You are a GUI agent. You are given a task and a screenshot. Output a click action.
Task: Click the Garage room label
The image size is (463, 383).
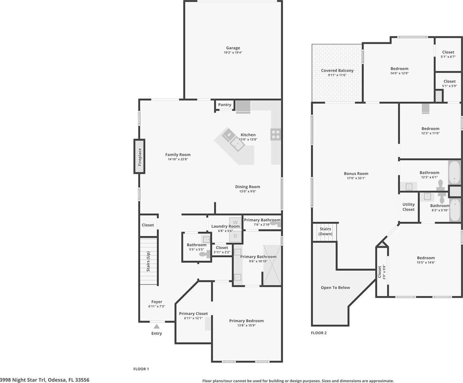(233, 48)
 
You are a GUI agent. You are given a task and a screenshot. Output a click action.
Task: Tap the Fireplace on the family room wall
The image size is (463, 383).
(139, 156)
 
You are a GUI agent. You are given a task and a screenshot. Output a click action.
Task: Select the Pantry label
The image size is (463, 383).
(224, 105)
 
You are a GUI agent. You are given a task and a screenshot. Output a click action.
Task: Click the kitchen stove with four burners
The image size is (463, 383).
(275, 134)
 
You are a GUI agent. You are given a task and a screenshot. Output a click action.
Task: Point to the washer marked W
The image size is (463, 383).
(235, 222)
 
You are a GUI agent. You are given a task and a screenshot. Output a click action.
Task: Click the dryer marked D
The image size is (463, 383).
(235, 236)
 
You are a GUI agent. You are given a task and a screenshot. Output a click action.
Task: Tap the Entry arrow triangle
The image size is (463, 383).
(156, 326)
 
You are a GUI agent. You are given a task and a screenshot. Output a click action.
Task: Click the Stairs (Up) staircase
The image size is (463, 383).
(149, 261)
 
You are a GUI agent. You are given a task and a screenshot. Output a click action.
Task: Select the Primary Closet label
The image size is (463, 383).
(193, 314)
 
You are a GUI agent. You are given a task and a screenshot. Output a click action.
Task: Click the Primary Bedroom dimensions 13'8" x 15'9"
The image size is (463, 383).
(246, 326)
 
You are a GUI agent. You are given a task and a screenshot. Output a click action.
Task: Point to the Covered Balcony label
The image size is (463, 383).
(337, 71)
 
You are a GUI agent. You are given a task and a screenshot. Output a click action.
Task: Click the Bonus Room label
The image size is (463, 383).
(356, 174)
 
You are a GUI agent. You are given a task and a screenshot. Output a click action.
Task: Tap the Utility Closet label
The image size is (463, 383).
(409, 207)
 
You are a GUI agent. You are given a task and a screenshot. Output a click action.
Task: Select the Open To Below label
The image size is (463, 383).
(336, 287)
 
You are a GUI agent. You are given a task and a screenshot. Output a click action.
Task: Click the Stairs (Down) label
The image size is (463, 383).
(326, 231)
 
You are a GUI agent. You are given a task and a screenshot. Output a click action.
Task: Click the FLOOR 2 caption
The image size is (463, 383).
(319, 333)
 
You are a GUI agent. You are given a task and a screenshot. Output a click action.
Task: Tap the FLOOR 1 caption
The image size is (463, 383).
(141, 369)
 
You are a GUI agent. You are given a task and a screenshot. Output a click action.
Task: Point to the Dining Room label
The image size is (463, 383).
(248, 187)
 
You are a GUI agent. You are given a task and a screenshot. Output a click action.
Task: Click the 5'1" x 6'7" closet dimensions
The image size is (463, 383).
(448, 57)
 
